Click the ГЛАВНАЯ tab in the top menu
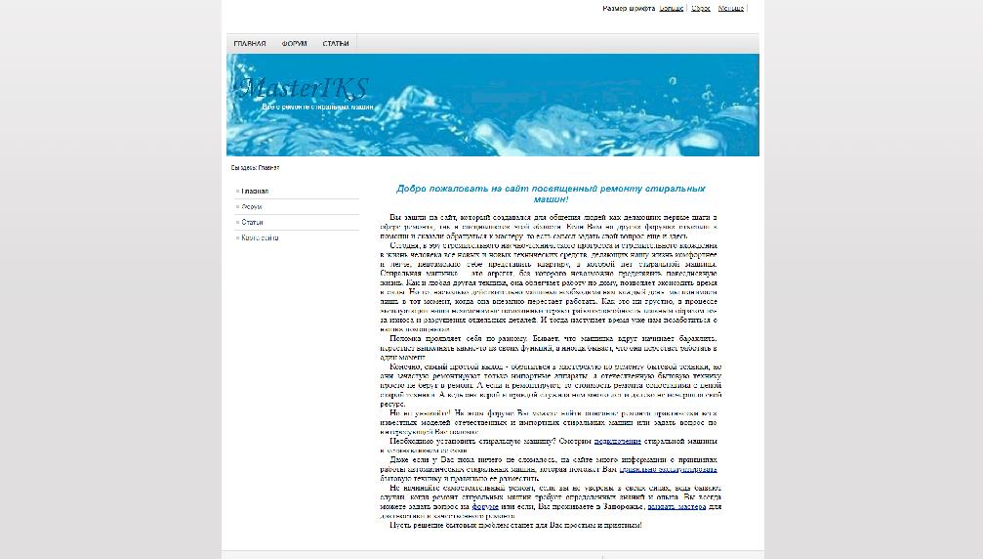(250, 44)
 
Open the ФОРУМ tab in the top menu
(295, 44)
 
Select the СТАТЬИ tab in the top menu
(336, 44)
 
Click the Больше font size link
(672, 8)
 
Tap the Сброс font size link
(701, 8)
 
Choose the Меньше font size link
(731, 8)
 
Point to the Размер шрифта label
(629, 8)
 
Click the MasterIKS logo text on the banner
(304, 88)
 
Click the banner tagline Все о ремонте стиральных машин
(317, 106)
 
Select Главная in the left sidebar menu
(255, 192)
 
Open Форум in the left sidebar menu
(252, 207)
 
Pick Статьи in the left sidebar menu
(253, 223)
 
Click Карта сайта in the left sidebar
(260, 237)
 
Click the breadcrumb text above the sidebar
(255, 168)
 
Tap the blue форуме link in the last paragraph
(486, 507)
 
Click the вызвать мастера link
(676, 507)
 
